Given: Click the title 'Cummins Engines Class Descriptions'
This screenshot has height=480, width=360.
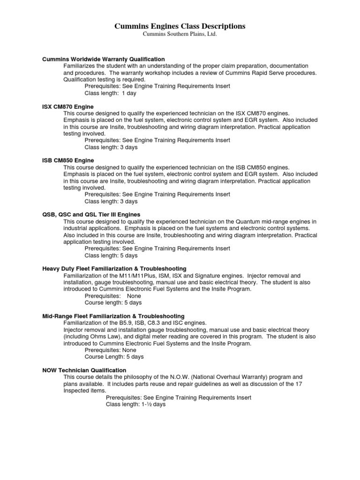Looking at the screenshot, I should [180, 27].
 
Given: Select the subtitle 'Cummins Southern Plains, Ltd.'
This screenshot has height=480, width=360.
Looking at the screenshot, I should [180, 35].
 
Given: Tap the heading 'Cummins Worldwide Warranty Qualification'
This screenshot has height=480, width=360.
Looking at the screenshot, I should [104, 59].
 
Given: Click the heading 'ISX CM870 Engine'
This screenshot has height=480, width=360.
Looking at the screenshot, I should [68, 107].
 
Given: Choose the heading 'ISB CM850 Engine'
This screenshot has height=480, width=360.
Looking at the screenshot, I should [68, 160].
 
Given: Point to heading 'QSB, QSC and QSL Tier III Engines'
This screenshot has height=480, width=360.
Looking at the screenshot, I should [91, 215].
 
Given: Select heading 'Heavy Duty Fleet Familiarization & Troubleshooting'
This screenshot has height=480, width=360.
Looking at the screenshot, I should [114, 269].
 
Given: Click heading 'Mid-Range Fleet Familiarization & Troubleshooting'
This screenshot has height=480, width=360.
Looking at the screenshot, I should [113, 316].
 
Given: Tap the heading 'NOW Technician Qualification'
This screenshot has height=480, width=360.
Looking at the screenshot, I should [84, 370].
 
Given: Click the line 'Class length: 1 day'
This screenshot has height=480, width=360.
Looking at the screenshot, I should [110, 93].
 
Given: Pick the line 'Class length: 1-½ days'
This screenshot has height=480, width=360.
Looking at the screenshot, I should [136, 404].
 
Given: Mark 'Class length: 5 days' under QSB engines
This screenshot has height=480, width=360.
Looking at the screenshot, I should [111, 255].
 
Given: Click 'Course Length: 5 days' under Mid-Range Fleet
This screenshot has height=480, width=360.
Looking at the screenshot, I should [114, 357].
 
